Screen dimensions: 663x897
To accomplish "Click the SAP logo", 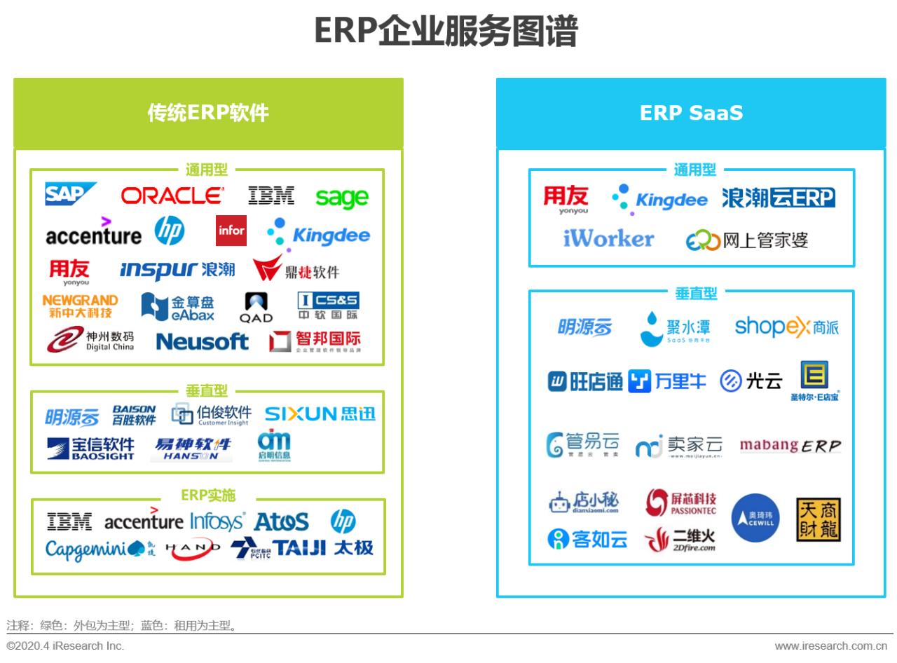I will (x=70, y=194).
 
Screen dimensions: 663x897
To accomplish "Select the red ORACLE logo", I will (x=172, y=196).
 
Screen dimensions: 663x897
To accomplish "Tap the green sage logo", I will (x=341, y=198).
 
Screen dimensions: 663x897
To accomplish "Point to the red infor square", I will (x=231, y=231).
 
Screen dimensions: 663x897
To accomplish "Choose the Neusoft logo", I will (x=202, y=342).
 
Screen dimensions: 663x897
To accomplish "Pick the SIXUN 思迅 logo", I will (x=320, y=414).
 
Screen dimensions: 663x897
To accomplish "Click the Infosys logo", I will (x=217, y=522).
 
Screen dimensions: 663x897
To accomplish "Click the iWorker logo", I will (x=608, y=239).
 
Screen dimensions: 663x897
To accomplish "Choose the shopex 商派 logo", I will (x=786, y=327).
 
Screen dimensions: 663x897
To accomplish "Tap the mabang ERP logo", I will (x=790, y=446).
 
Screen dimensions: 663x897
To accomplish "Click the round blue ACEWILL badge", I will (x=755, y=518).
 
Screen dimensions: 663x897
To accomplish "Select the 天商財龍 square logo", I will (x=818, y=519).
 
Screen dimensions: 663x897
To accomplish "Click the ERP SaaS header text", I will (x=691, y=114).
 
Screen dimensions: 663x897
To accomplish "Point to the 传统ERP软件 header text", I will (x=208, y=114).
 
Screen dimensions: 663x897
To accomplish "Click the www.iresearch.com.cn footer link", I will (x=830, y=645).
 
